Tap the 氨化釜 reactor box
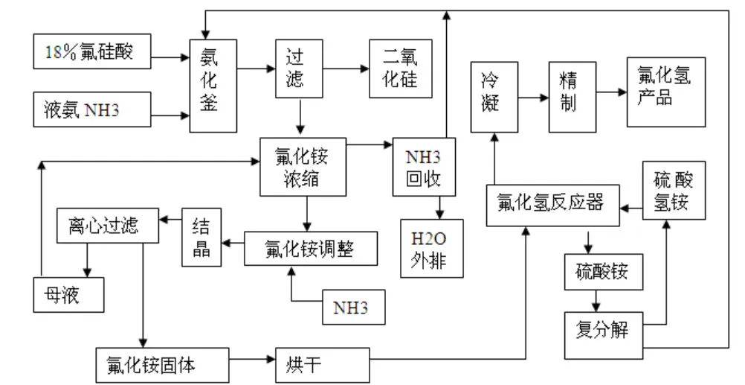210,85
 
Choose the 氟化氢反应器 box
552,203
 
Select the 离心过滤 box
109,225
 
